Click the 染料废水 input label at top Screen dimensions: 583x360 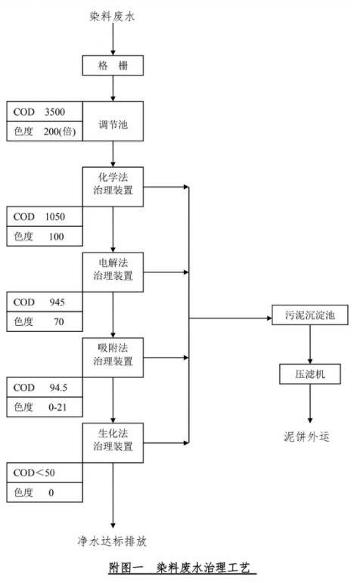pos(112,15)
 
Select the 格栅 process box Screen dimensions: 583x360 pos(112,67)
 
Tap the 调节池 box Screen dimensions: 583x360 pos(113,123)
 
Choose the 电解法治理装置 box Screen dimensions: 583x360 pos(113,269)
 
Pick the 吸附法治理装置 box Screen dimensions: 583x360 pos(113,354)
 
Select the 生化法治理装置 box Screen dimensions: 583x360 pos(113,439)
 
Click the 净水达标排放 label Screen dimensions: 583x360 pos(113,541)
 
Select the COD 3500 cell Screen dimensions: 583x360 pos(44,112)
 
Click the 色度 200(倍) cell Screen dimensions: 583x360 pos(44,132)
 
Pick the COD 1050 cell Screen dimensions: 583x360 pos(44,216)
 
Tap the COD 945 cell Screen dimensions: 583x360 pos(44,302)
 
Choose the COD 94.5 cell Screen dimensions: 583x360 pos(44,387)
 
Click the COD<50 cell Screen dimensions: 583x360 pos(44,473)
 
